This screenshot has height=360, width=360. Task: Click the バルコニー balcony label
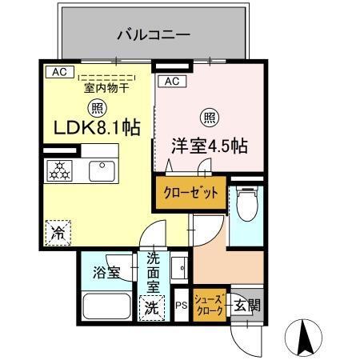click(152, 35)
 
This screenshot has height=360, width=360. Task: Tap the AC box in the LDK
click(58, 71)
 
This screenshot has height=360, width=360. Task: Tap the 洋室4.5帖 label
click(209, 146)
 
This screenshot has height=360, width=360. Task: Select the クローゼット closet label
click(191, 193)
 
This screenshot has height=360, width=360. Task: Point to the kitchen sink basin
click(103, 170)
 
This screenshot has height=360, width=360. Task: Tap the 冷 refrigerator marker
click(58, 234)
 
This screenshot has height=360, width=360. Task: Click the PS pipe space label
click(182, 305)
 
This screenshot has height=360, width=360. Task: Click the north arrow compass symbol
click(303, 336)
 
